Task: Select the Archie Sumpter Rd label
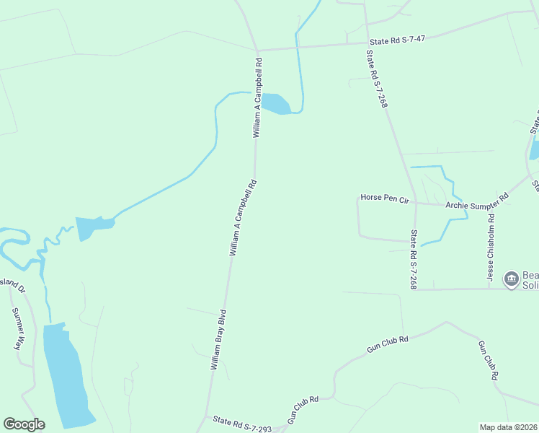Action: (x=477, y=201)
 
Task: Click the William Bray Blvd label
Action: (x=218, y=340)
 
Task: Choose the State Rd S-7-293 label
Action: (x=241, y=424)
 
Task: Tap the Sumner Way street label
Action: (x=18, y=329)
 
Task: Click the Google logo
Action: (x=24, y=424)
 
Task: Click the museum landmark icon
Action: (x=512, y=279)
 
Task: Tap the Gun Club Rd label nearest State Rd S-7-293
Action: (x=303, y=410)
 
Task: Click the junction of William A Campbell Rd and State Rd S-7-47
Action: (x=257, y=51)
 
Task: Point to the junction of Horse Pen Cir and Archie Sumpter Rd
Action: (x=415, y=204)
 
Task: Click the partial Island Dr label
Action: (x=13, y=286)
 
